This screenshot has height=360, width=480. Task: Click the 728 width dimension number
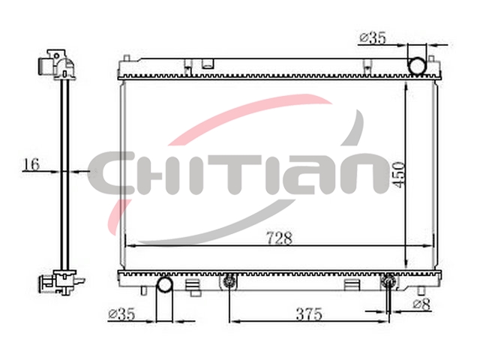point(279,238)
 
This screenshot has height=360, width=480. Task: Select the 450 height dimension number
point(399,175)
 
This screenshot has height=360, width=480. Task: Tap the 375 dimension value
point(309,314)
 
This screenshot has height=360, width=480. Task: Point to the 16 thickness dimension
point(31,164)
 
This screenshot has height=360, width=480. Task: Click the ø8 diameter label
point(421,304)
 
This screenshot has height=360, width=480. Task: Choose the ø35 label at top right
point(373,38)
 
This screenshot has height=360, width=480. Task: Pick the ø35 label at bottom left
point(121,314)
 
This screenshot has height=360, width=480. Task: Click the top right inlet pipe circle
point(417,66)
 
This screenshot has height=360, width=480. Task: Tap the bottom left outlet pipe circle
point(165,284)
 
